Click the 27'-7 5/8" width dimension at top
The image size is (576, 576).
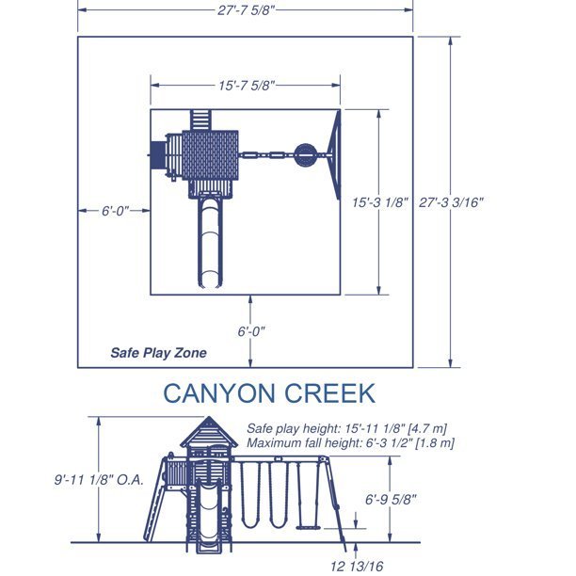pyautogui.click(x=246, y=10)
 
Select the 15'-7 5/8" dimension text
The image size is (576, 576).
pyautogui.click(x=247, y=86)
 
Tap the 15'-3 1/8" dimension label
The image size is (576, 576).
pyautogui.click(x=380, y=202)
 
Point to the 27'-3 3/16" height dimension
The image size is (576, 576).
pyautogui.click(x=451, y=202)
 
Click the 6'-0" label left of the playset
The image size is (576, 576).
pyautogui.click(x=116, y=211)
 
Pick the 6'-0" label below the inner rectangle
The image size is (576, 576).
pyautogui.click(x=251, y=331)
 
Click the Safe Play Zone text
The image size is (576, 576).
pyautogui.click(x=158, y=353)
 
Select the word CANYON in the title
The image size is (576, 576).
pyautogui.click(x=220, y=393)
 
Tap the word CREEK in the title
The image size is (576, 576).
pyautogui.click(x=329, y=393)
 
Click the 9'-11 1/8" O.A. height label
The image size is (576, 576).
pyautogui.click(x=99, y=480)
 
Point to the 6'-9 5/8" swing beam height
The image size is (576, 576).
pyautogui.click(x=391, y=500)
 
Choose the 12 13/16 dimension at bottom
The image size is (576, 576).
pyautogui.click(x=357, y=566)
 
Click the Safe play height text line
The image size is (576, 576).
pyautogui.click(x=346, y=428)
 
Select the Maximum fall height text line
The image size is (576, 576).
pyautogui.click(x=350, y=442)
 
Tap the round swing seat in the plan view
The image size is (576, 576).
pyautogui.click(x=306, y=155)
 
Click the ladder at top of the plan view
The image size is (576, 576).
pyautogui.click(x=200, y=120)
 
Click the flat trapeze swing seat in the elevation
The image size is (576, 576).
pyautogui.click(x=308, y=528)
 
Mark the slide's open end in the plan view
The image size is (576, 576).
pyautogui.click(x=210, y=280)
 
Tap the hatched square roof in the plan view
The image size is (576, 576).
pyautogui.click(x=210, y=155)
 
